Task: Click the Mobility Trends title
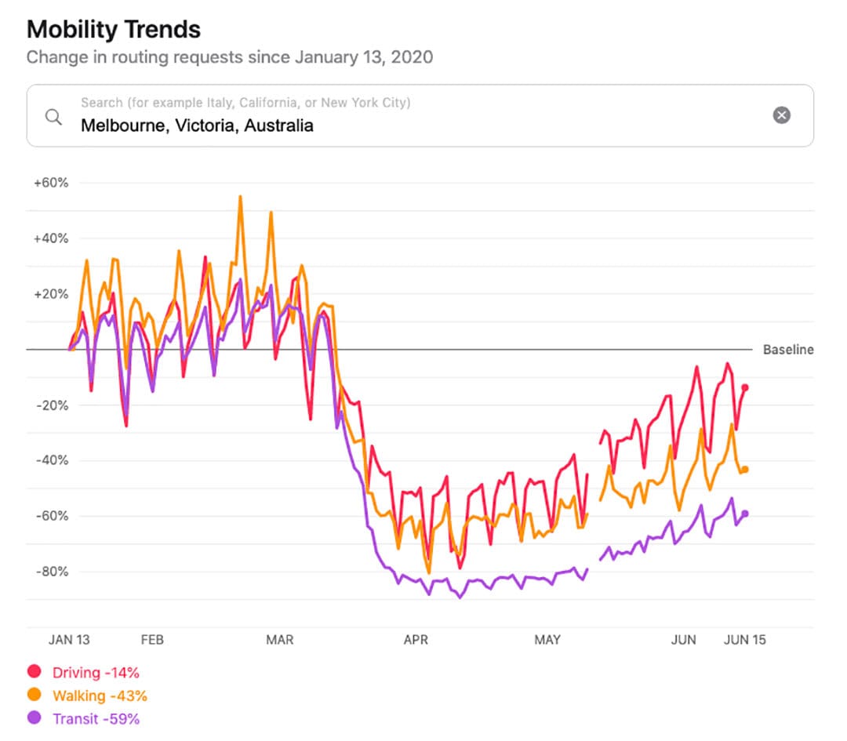114,30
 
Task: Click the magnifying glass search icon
53,117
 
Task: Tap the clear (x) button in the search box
781,115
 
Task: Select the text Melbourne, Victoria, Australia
197,125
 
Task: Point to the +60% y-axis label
51,183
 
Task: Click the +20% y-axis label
51,294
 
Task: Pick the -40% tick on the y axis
52,460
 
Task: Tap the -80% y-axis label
52,572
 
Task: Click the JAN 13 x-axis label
69,640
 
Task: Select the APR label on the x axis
416,640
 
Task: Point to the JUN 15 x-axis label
743,640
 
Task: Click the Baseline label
788,350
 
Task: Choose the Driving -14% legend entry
85,672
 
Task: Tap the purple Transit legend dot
34,718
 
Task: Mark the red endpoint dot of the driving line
745,387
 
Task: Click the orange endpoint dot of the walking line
745,469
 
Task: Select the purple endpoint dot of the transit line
745,514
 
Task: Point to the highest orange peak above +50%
240,197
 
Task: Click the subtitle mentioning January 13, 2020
229,57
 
